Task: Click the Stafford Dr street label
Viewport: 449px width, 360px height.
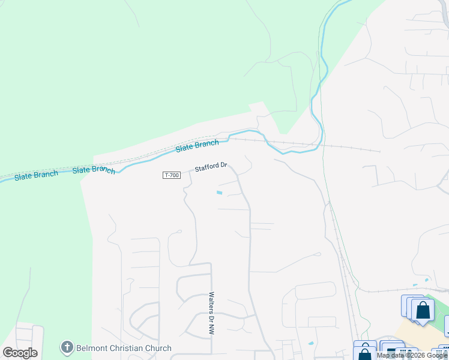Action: click(211, 167)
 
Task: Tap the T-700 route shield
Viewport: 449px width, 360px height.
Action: click(171, 175)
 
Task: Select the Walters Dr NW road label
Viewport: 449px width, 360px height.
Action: click(211, 313)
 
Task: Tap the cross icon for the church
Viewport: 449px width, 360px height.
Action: click(67, 347)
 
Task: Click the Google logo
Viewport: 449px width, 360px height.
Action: click(20, 353)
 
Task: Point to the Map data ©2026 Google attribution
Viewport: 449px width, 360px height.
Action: click(412, 355)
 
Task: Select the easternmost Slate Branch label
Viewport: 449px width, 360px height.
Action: click(197, 145)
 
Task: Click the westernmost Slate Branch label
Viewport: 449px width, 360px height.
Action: click(36, 175)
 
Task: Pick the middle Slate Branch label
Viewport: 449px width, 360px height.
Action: click(94, 170)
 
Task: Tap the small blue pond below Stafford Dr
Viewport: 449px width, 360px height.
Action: click(218, 193)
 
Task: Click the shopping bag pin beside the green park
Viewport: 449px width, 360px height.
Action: click(423, 310)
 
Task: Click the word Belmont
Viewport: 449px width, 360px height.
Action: click(92, 348)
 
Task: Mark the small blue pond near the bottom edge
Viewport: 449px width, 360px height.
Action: click(310, 344)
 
